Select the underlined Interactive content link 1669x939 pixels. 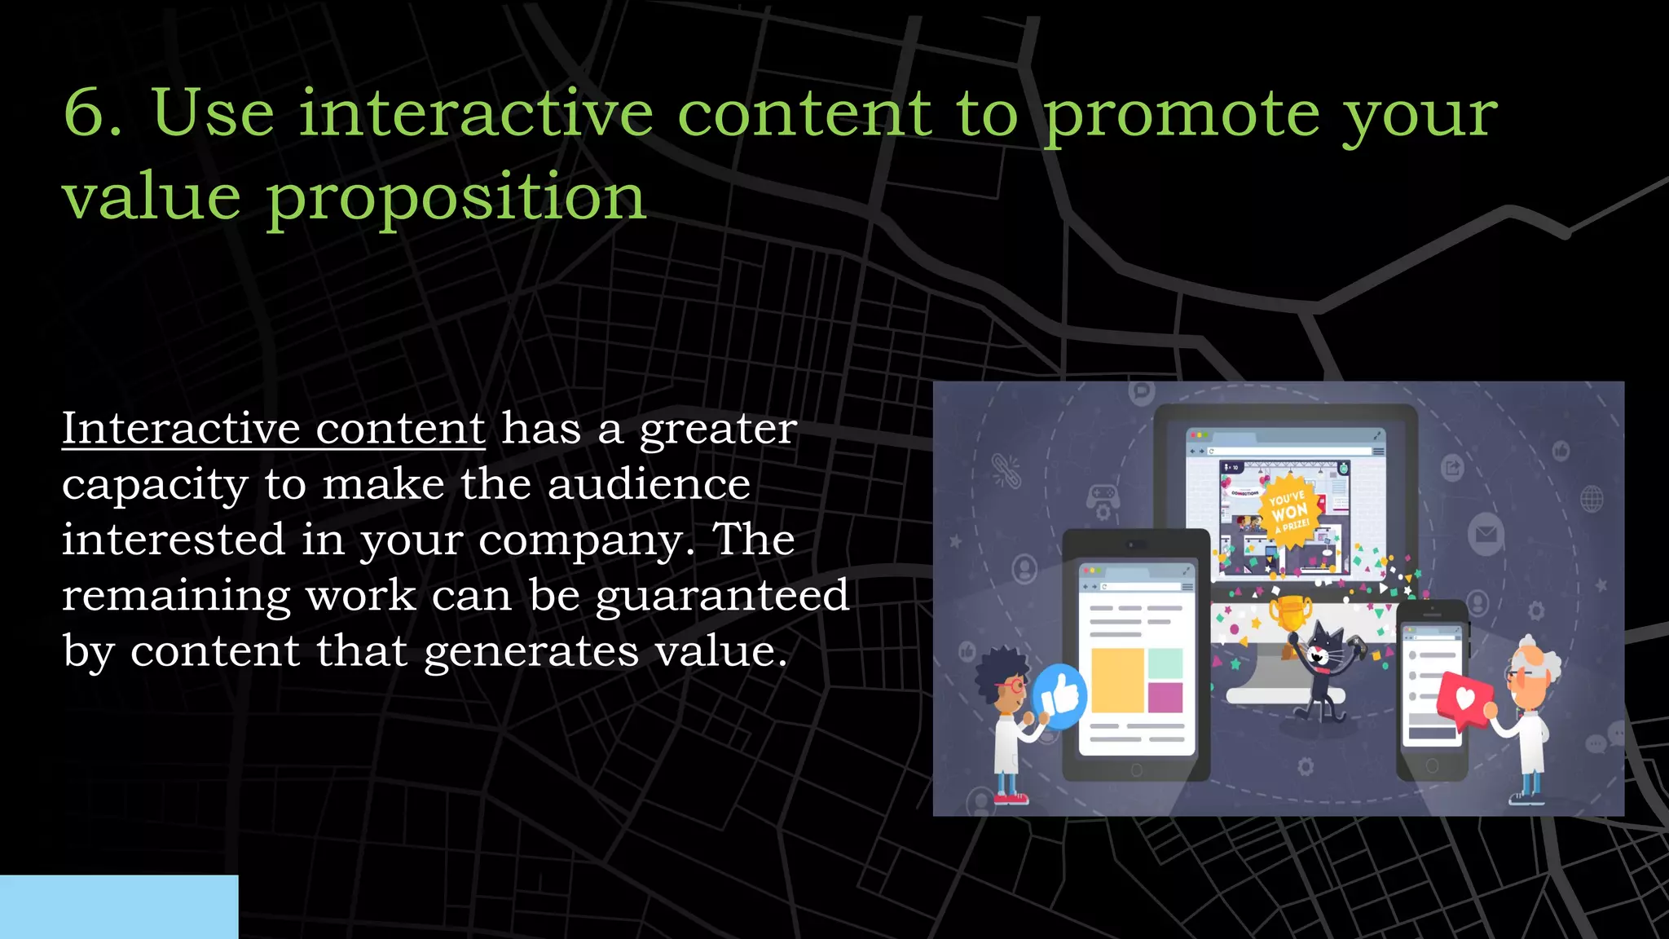[x=274, y=429]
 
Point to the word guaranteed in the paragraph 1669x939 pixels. [x=722, y=596]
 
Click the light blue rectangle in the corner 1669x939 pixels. [x=119, y=906]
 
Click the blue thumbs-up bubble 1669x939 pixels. [x=1059, y=696]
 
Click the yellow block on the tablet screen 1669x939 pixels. [x=1117, y=680]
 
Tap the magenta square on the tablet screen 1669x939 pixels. [x=1165, y=698]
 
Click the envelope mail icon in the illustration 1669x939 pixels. [x=1486, y=536]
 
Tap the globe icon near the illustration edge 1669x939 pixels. [x=1592, y=498]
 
